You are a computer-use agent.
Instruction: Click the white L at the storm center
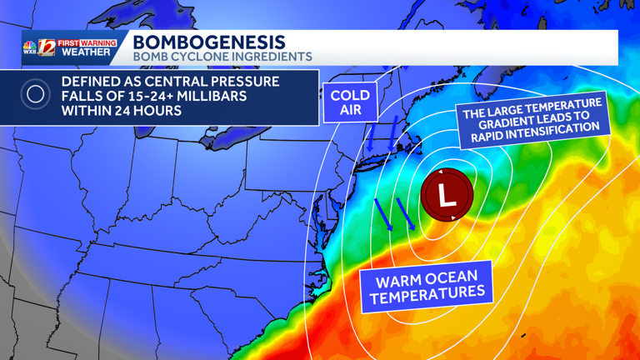coord(447,197)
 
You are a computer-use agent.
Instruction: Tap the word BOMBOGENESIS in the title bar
coord(208,42)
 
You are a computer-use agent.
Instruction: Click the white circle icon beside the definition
coord(35,95)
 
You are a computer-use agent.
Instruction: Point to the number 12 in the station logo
coord(47,47)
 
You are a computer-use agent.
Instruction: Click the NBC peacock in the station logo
coord(30,44)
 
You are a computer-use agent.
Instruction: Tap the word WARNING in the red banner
coord(98,42)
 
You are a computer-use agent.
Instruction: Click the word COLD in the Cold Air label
coord(350,96)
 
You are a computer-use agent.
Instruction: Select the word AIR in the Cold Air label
coord(350,110)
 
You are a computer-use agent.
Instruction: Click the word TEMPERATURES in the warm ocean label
coord(427,295)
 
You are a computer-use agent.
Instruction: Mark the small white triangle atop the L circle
coord(440,172)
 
